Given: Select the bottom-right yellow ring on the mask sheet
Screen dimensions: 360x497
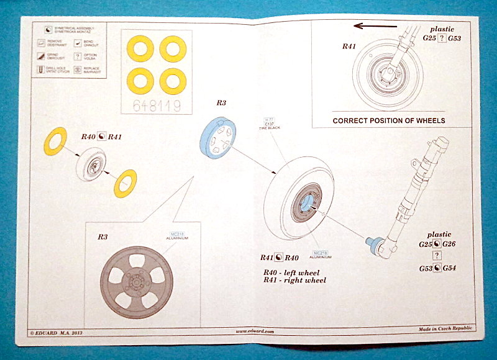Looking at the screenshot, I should (x=173, y=80).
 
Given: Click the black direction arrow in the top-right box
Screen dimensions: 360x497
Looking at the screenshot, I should (x=375, y=26).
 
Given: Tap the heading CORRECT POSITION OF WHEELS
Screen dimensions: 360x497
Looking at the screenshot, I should (x=389, y=120).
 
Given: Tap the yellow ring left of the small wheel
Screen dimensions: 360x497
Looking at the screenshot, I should (x=54, y=142).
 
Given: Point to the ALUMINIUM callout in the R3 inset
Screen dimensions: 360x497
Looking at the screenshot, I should (x=173, y=237).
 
